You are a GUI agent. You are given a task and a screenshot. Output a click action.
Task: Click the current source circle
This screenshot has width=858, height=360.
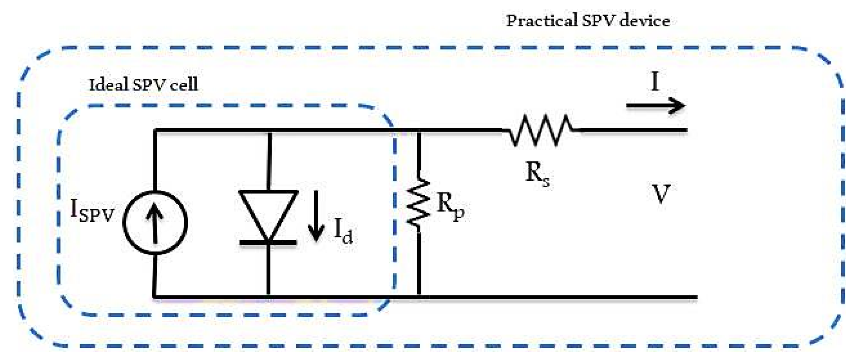[155, 223]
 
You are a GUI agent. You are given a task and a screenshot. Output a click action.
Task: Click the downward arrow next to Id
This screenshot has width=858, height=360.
[316, 216]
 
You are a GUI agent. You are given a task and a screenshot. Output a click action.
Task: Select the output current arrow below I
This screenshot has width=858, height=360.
[655, 105]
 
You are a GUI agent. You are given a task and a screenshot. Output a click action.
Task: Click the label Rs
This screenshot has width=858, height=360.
[537, 174]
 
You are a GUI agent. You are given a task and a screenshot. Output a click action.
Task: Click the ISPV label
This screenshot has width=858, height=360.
[92, 211]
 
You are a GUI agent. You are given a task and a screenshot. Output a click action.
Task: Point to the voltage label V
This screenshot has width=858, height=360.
[661, 194]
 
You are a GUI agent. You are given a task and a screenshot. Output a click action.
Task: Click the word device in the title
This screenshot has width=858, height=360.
[644, 21]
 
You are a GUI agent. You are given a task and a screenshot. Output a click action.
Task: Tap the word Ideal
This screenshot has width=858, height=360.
[108, 85]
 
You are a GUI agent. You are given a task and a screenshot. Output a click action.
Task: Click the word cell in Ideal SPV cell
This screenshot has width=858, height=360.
[184, 85]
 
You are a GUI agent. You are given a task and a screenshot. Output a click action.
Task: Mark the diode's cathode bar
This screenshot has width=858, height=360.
[268, 243]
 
